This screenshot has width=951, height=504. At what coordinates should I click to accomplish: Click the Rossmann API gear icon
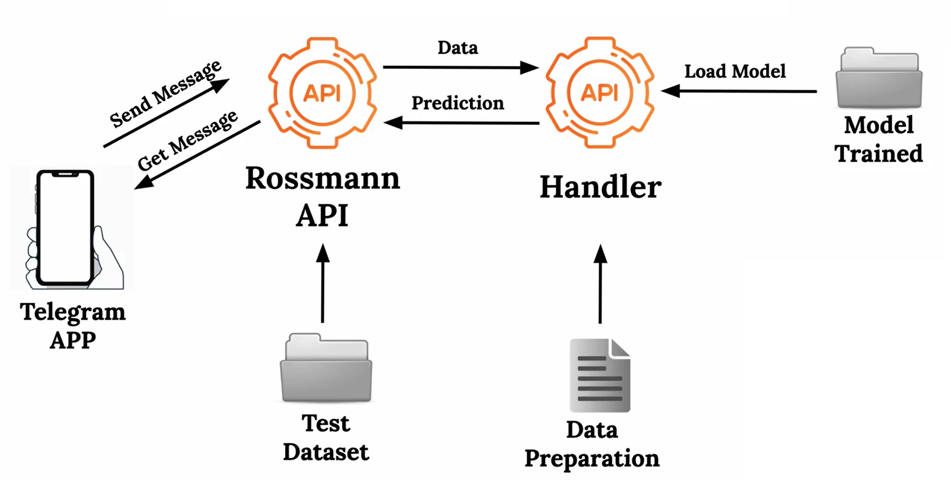coord(322,93)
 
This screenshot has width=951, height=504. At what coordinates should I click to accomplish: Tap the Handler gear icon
coord(600,93)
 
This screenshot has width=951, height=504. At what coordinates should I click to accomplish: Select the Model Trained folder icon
coord(879,77)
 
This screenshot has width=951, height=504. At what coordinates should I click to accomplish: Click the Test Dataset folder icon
coord(326,368)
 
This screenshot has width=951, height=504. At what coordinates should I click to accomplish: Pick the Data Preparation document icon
coord(600,376)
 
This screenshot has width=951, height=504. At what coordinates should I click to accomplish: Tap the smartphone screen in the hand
coord(65,228)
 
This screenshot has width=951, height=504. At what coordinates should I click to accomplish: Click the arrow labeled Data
coord(461,67)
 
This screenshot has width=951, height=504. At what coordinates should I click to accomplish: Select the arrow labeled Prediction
coord(461,123)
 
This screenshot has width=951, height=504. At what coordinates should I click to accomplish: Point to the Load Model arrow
coord(739,91)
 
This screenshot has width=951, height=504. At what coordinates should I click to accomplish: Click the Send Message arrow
coord(166,113)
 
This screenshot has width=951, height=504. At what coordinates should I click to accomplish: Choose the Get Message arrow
coord(197,155)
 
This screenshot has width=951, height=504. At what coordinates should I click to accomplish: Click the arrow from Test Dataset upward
coord(323,283)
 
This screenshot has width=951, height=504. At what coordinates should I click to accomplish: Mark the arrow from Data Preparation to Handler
coord(600,284)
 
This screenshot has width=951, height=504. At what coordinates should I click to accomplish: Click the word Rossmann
coord(323,178)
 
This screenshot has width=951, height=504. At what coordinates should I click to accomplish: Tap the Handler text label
coord(600,187)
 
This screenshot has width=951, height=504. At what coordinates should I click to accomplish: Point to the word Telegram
coord(73,313)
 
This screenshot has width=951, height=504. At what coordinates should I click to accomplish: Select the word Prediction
coord(458,103)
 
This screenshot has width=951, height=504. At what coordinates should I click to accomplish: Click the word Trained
coord(878,153)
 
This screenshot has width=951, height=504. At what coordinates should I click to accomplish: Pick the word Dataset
coord(326,452)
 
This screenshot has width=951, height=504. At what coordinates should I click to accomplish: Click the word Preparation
coord(592,459)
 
